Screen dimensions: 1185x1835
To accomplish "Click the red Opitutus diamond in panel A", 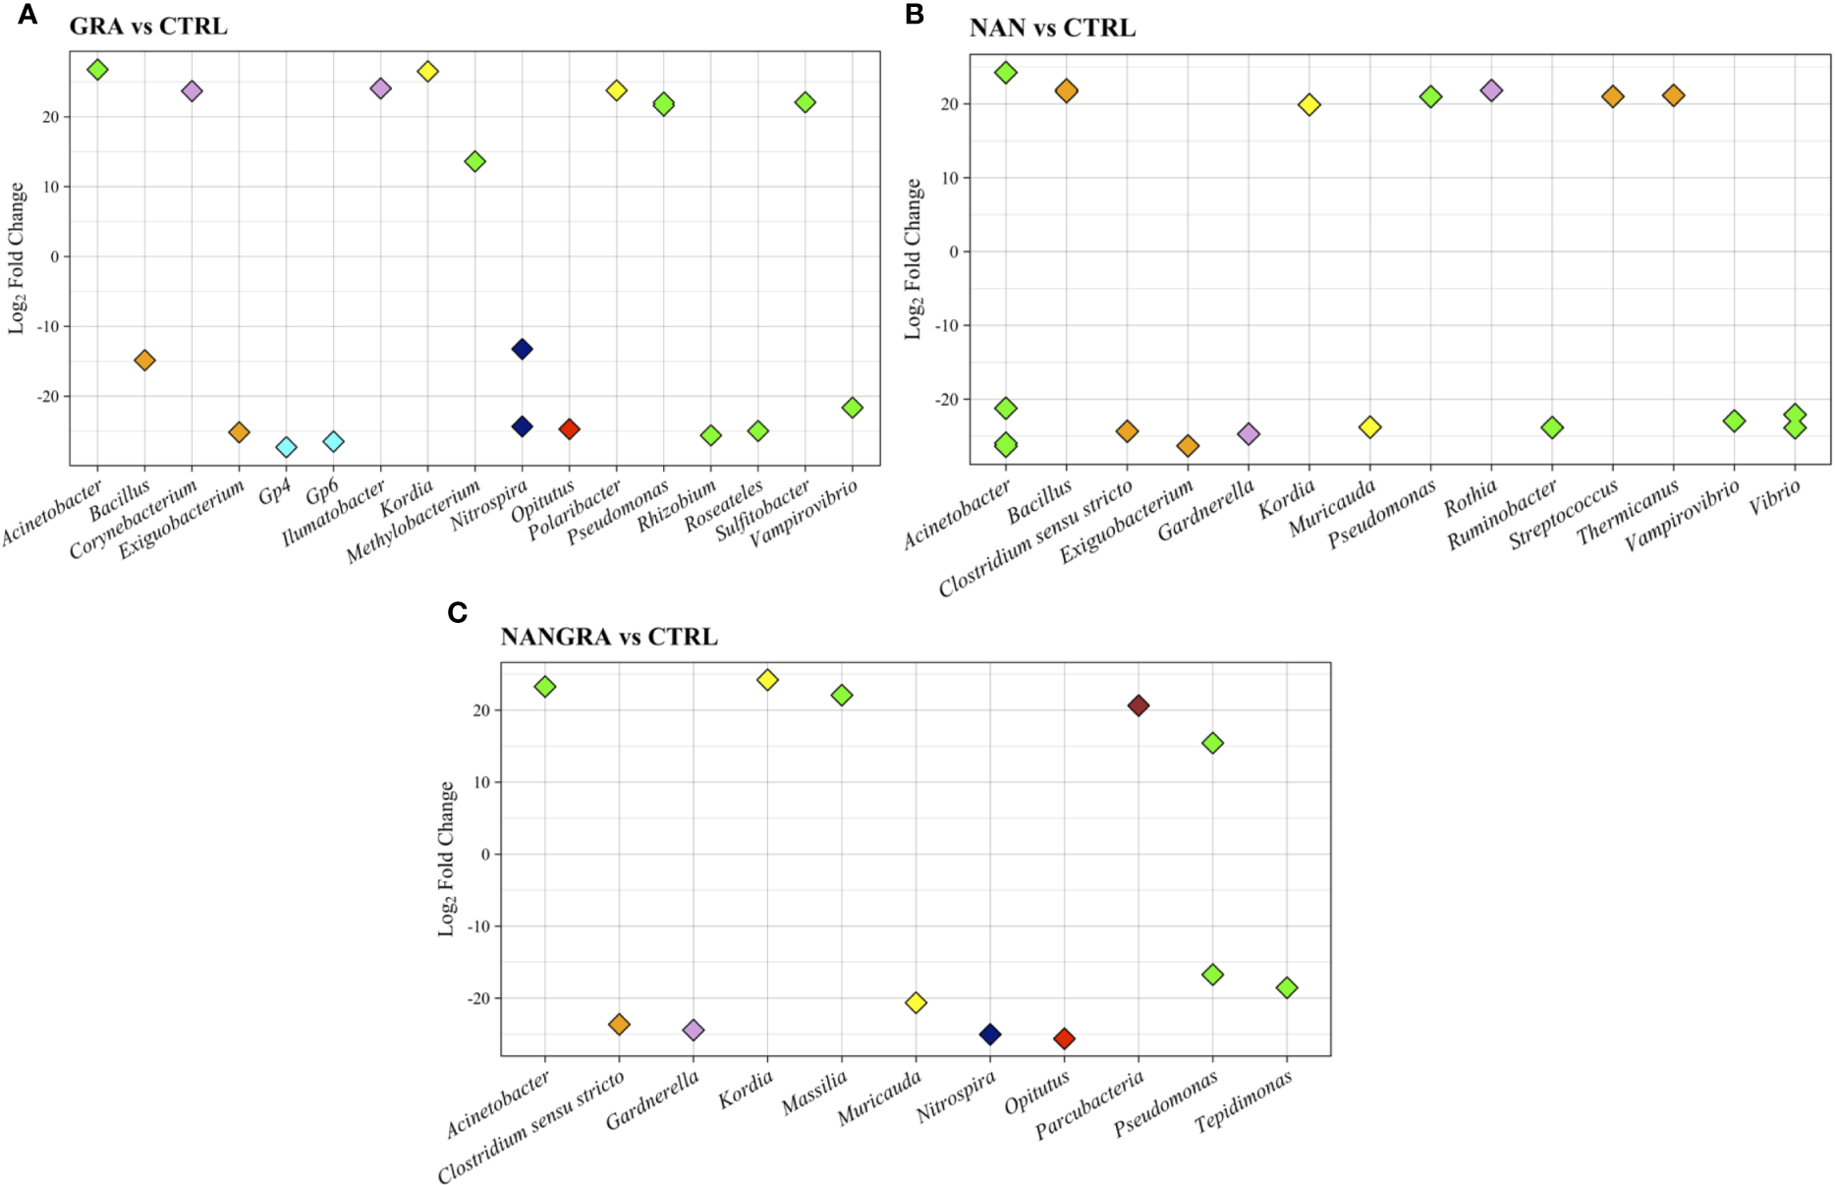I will pyautogui.click(x=569, y=429).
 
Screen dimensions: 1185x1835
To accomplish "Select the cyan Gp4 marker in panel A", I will pyautogui.click(x=286, y=447).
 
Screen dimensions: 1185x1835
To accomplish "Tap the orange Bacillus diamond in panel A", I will pyautogui.click(x=144, y=361).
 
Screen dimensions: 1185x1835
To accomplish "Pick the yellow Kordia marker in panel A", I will pyautogui.click(x=427, y=72).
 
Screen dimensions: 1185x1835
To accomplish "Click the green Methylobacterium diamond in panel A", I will pyautogui.click(x=474, y=161).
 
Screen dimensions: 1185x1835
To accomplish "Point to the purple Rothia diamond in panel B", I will pyautogui.click(x=1491, y=90).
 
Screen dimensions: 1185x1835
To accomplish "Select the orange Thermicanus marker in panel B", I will pyautogui.click(x=1673, y=95).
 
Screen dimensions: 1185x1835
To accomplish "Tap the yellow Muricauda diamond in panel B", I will pyautogui.click(x=1369, y=427).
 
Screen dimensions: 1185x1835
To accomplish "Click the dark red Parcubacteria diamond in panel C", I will pyautogui.click(x=1138, y=705).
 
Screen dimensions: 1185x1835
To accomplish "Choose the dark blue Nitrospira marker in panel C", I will pyautogui.click(x=990, y=1034).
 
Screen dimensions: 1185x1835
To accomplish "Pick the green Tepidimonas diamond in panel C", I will pyautogui.click(x=1287, y=987).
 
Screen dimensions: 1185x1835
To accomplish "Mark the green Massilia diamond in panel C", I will pyautogui.click(x=842, y=696).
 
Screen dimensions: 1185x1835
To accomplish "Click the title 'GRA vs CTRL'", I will pyautogui.click(x=148, y=27).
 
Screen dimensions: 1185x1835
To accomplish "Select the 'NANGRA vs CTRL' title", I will pyautogui.click(x=609, y=637).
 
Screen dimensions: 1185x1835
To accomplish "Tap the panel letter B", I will pyautogui.click(x=915, y=16).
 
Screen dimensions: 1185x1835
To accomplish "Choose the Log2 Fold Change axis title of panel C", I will pyautogui.click(x=447, y=858).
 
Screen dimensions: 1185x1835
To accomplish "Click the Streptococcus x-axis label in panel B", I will pyautogui.click(x=1564, y=514).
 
